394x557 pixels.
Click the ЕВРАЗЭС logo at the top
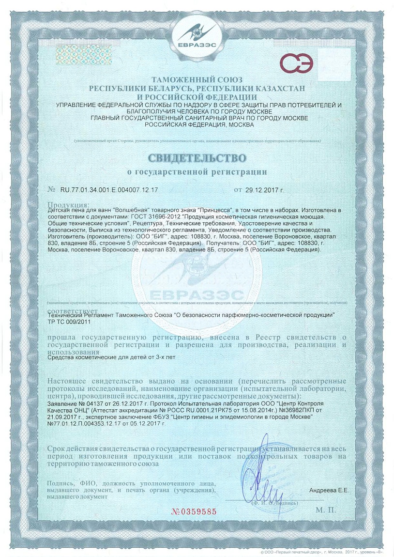(197, 36)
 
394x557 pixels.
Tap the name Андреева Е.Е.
(329, 491)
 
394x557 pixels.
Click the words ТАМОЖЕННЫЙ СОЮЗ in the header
(197, 79)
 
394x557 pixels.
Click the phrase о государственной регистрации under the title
(197, 171)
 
